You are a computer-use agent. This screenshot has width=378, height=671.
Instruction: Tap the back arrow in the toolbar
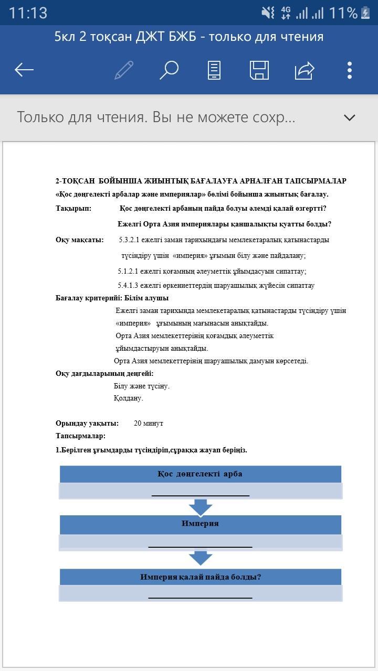coord(24,70)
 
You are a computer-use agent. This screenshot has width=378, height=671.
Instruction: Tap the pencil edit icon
coord(124,70)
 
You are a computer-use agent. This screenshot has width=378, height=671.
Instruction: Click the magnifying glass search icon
coord(169,70)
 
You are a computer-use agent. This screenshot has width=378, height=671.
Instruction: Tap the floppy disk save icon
coord(259,70)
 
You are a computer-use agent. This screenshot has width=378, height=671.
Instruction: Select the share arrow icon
coord(304,70)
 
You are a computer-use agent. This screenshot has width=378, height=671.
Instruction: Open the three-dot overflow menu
coord(350,70)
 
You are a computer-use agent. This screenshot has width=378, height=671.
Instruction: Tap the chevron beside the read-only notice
coord(349,117)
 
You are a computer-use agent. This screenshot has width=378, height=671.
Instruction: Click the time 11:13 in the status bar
coord(28,13)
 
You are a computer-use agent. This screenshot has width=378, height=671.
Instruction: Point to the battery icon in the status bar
coord(365,13)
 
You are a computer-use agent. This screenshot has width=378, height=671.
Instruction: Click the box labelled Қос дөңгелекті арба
coord(200,474)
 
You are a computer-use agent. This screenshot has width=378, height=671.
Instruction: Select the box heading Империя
coord(200,524)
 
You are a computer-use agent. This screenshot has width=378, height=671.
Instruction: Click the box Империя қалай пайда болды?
coord(200,577)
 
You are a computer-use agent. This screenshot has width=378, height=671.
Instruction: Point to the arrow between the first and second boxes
coord(200,507)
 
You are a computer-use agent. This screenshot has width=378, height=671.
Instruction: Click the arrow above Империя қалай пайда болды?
coord(200,558)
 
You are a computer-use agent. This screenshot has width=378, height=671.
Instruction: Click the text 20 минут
coord(149,423)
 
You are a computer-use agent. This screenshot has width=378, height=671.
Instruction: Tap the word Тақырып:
coord(73,209)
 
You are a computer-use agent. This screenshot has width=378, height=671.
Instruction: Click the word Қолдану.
coord(128,398)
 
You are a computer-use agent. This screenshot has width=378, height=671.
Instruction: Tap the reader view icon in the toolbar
coord(214,70)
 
